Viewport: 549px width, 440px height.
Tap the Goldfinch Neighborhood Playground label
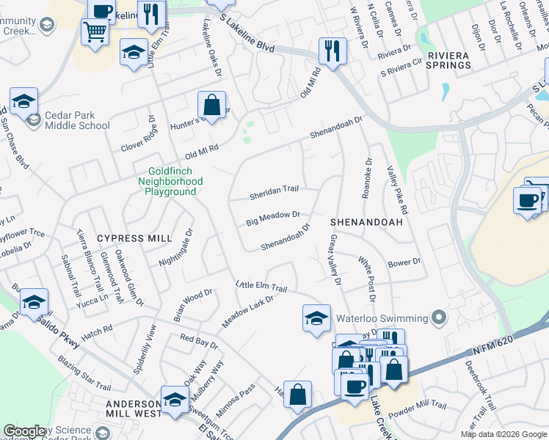pos(170,181)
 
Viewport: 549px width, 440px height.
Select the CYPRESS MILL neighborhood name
pos(134,238)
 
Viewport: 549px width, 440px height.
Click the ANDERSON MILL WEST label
pos(133,408)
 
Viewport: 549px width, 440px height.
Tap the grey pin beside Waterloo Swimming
pos(439,318)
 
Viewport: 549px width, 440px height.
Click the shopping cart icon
pos(95,31)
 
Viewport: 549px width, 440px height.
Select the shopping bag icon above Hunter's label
pos(211,104)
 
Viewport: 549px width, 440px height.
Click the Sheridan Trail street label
pos(274,193)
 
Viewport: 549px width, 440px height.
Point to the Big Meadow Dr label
pos(273,218)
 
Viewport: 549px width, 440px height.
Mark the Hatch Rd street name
pos(97,331)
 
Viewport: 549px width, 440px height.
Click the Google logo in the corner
pos(24,431)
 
